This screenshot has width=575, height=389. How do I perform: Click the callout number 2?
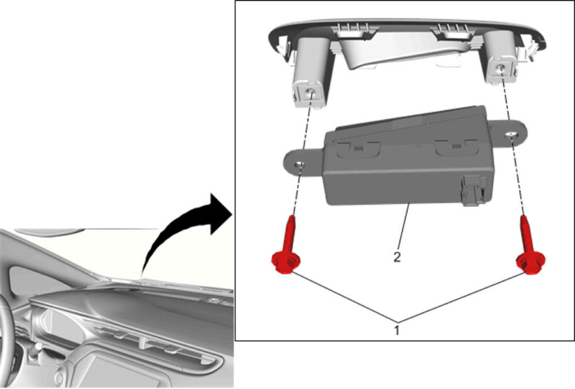pos(397,257)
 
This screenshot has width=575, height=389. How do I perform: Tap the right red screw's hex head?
pos(530,264)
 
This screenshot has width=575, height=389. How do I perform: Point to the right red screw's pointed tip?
pos(523,216)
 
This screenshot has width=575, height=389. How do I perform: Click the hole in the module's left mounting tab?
pos(301,164)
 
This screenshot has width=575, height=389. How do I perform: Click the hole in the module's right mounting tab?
pos(510,135)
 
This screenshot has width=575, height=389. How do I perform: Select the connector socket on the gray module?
pos(474,190)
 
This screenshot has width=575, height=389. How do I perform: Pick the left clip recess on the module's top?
pos(358,149)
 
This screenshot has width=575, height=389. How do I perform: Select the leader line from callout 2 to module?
pos(404,226)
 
